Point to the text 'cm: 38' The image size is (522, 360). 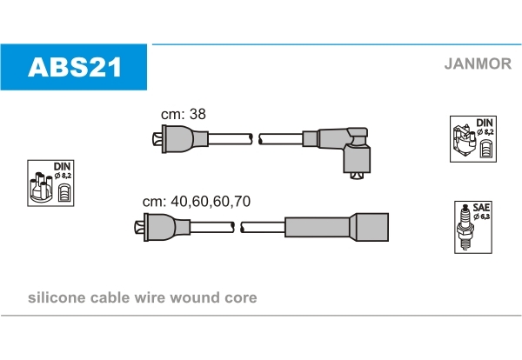[183, 114]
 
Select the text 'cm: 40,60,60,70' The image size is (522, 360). [196, 201]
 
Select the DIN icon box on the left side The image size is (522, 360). [50, 183]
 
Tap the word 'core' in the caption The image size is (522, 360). [241, 298]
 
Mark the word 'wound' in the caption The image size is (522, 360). [199, 298]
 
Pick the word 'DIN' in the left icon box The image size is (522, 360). [62, 166]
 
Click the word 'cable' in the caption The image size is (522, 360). [109, 298]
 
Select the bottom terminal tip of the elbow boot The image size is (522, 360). [355, 176]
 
